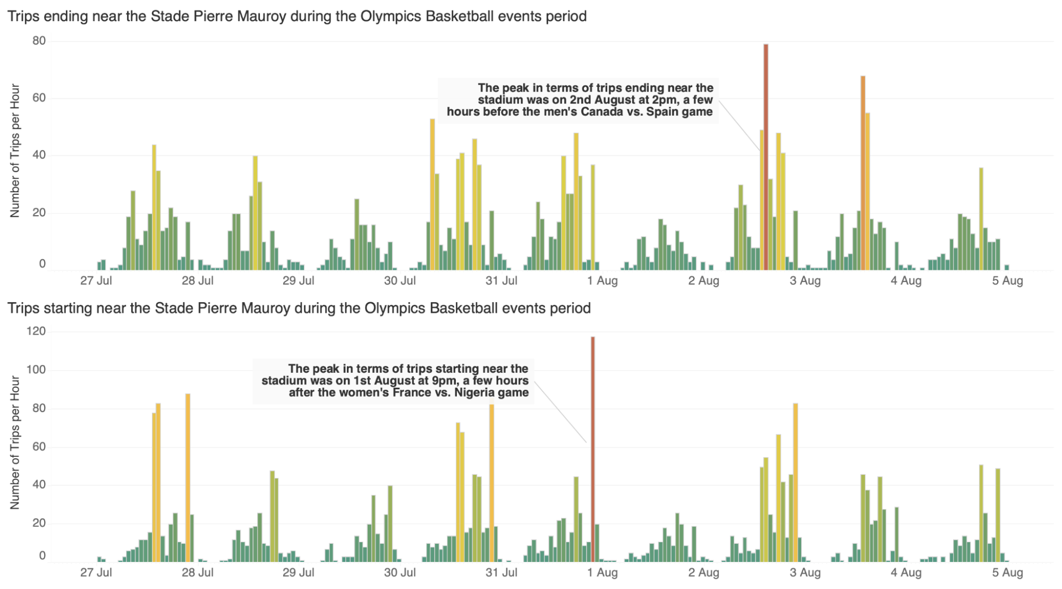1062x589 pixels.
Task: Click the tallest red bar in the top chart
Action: pos(766,159)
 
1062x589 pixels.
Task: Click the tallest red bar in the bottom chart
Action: pos(592,451)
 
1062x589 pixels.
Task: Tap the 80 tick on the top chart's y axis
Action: pos(39,41)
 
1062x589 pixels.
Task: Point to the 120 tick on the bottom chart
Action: pos(36,331)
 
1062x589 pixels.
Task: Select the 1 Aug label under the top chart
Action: pos(602,281)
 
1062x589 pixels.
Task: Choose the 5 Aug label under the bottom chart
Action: pos(1007,573)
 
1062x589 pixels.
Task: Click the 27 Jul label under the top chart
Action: pos(96,281)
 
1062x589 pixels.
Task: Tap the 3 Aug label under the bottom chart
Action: pos(805,573)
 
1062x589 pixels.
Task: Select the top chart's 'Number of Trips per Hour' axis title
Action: pos(15,151)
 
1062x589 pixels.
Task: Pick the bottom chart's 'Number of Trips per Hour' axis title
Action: pos(15,443)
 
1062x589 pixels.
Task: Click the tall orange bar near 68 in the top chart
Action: pos(863,175)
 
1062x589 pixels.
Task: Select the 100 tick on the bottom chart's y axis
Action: pos(36,370)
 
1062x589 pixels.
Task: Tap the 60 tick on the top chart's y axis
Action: pos(39,98)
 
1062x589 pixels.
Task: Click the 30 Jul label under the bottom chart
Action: pos(400,573)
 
